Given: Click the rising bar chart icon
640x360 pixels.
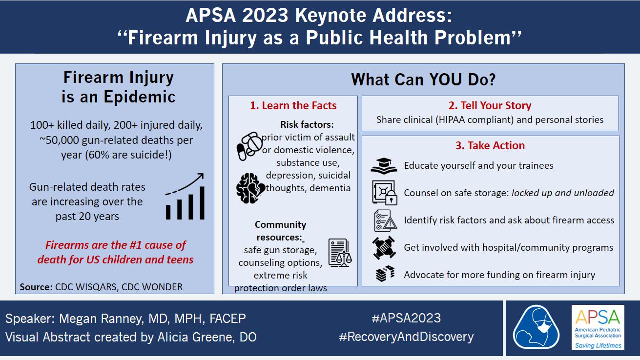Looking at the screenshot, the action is tap(185, 197).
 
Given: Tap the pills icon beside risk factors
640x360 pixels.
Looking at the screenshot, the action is tap(249, 146).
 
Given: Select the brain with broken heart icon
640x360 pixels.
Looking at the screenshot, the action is tap(250, 188).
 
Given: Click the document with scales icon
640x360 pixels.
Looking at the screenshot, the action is tap(340, 253).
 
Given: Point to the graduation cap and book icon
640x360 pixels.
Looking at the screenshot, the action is tap(384, 166).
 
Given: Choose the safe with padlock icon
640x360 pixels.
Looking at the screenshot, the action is tap(385, 193).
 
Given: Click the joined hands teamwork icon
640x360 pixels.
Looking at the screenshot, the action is tap(384, 247).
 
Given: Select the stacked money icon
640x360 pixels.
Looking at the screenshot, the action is tap(385, 274).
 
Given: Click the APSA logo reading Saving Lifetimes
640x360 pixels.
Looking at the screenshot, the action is tap(598, 327).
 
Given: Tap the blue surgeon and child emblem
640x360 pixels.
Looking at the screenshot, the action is tap(536, 327).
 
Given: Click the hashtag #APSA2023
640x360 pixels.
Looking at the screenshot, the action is tap(406, 318).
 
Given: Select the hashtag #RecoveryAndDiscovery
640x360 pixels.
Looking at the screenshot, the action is tap(406, 337).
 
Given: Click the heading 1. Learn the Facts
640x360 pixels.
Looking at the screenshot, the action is tap(293, 106).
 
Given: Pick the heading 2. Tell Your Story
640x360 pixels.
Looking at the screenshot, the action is tap(490, 105).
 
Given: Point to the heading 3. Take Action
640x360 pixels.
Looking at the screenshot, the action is tap(490, 145).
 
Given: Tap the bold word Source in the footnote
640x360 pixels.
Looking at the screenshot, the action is tap(36, 287).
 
